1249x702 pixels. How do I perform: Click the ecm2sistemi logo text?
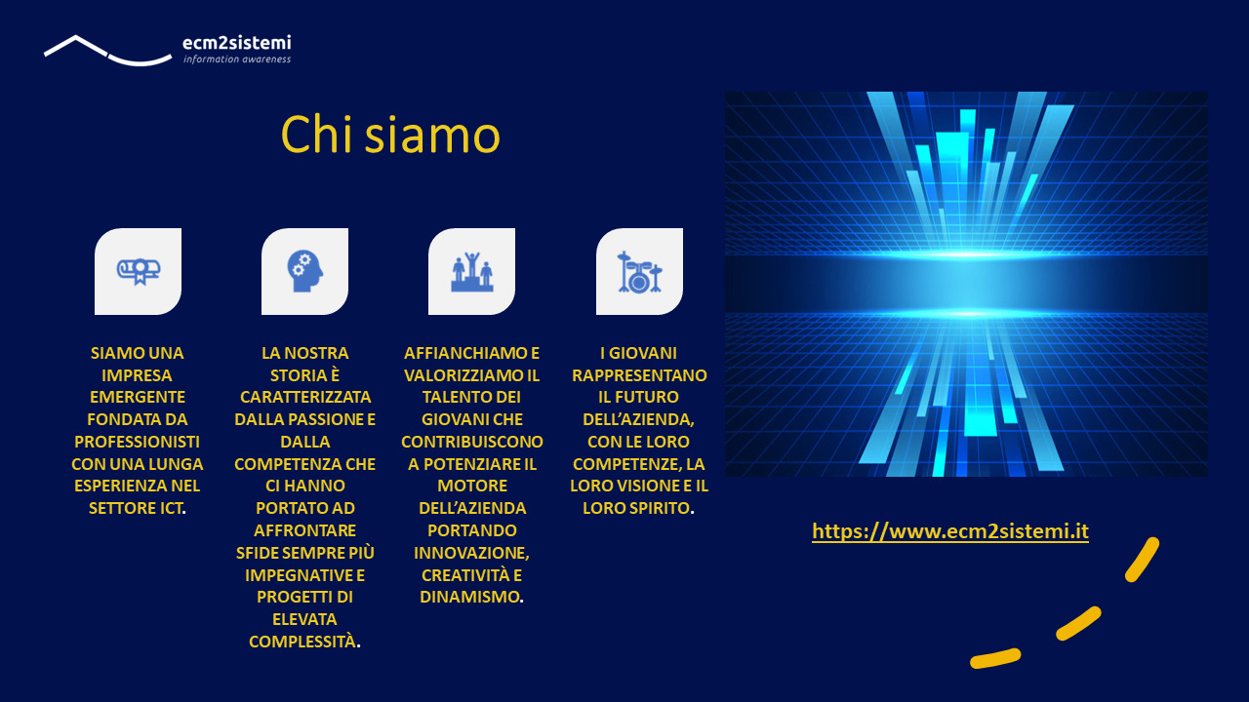pyautogui.click(x=237, y=43)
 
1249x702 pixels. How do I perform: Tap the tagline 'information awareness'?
pyautogui.click(x=237, y=59)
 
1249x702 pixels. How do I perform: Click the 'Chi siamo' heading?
pyautogui.click(x=390, y=135)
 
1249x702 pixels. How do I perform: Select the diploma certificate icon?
pyautogui.click(x=139, y=271)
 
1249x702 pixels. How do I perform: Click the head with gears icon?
pyautogui.click(x=305, y=271)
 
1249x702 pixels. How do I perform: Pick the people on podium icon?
pyautogui.click(x=471, y=272)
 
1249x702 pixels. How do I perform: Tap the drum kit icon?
pyautogui.click(x=639, y=272)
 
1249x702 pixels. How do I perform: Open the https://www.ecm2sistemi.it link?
pyautogui.click(x=950, y=531)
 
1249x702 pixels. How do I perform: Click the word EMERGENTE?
pyautogui.click(x=138, y=397)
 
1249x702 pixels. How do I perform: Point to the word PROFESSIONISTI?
pyautogui.click(x=138, y=442)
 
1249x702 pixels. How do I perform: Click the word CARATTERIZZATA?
pyautogui.click(x=305, y=397)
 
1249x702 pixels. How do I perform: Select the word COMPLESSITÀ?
pyautogui.click(x=302, y=642)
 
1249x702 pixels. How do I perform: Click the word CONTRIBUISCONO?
pyautogui.click(x=471, y=442)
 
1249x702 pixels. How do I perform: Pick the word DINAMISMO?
pyautogui.click(x=469, y=598)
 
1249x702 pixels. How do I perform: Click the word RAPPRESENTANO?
pyautogui.click(x=639, y=375)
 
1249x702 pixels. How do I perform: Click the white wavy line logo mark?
pyautogui.click(x=107, y=51)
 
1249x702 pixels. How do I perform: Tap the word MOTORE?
pyautogui.click(x=471, y=486)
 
